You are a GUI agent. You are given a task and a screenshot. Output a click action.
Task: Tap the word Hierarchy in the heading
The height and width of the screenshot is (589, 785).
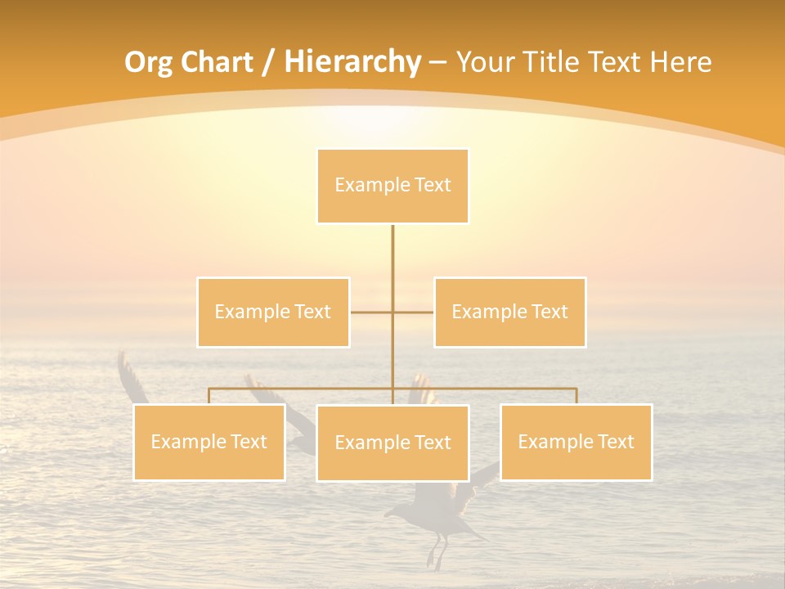tap(352, 62)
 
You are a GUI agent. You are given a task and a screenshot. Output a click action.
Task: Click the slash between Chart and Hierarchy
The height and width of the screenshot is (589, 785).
tap(268, 63)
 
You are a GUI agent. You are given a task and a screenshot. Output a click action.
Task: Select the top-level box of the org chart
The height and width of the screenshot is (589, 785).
tap(392, 186)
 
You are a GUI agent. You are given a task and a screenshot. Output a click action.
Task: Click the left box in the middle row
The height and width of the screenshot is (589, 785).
tap(273, 312)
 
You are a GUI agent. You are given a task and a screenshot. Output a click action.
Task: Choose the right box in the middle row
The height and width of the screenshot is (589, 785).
tap(509, 312)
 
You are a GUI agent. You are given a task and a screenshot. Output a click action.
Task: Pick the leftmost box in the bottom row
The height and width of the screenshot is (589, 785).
tap(209, 442)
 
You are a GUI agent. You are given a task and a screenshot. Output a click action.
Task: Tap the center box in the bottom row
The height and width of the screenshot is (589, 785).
tap(392, 443)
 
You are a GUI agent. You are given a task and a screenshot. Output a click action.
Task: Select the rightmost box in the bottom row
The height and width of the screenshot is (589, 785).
tap(576, 442)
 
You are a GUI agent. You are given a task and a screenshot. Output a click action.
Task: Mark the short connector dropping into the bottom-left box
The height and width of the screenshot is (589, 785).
tap(209, 396)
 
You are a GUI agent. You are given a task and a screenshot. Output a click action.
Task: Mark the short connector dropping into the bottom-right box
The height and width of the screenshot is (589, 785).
tap(576, 396)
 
